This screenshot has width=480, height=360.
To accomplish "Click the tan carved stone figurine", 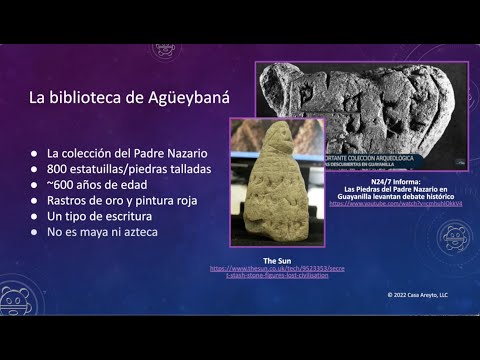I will coord(275,181).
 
